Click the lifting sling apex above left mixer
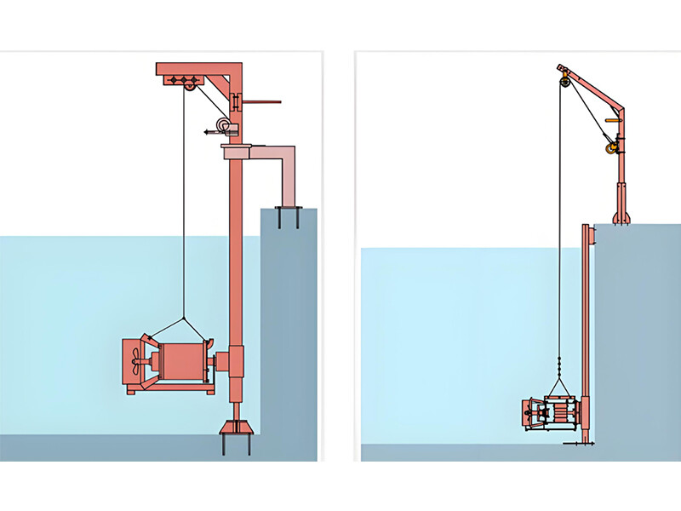point(183,319)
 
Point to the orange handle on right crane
point(611,120)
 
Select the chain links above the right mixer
point(559,367)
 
